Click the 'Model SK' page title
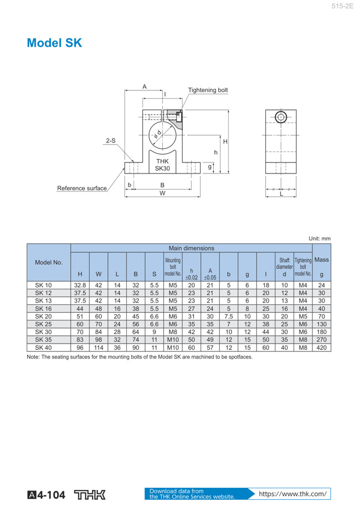(54, 43)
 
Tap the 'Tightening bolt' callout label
(208, 90)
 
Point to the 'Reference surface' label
(82, 188)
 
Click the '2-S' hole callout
(111, 141)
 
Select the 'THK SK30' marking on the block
(162, 165)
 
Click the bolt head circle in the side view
(281, 117)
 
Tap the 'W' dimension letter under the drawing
(162, 193)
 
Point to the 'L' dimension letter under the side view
(281, 194)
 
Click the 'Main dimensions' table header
(192, 248)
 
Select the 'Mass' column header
(322, 260)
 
